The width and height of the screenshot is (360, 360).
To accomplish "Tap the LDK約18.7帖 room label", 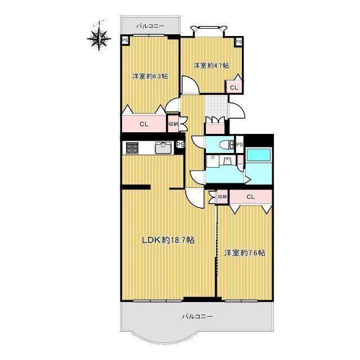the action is [x=168, y=240].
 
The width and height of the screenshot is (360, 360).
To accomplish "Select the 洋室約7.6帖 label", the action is [x=245, y=253].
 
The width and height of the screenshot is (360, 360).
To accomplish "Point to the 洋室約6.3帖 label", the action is [x=150, y=76].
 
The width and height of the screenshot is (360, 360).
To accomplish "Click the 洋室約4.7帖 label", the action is [x=211, y=66].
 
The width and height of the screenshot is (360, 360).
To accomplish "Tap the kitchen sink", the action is [x=163, y=147].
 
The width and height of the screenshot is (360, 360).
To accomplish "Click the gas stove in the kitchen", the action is [x=132, y=147].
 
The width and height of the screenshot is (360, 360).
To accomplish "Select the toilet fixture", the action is [x=227, y=145].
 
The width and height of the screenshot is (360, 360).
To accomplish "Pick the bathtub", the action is [x=259, y=155].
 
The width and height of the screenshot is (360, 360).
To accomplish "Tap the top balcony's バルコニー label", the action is [x=150, y=26].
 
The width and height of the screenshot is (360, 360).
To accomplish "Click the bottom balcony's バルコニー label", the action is [x=197, y=316].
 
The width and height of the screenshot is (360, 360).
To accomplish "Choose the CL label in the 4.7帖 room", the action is [x=234, y=88].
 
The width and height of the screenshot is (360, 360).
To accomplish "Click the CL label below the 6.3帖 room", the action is [x=144, y=124].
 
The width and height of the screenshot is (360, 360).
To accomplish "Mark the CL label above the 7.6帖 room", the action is [x=251, y=197].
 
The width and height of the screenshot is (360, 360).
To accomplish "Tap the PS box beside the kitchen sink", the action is [x=180, y=145].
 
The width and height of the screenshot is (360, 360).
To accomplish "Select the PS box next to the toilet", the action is [x=240, y=145].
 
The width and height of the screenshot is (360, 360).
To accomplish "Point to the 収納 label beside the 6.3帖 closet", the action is [x=173, y=124].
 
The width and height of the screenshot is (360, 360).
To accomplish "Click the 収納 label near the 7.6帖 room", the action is [x=222, y=197].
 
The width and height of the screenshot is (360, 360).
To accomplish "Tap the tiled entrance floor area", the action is [x=216, y=106].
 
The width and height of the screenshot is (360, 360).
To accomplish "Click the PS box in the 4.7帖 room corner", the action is [x=238, y=42].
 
